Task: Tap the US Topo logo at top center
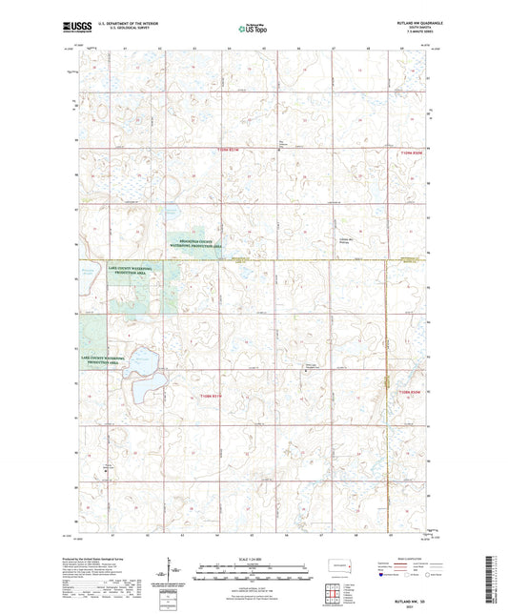coord(250,29)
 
